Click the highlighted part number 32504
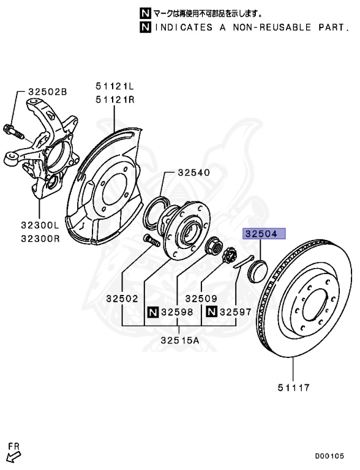coord(262,234)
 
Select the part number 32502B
coord(47,91)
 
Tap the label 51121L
coord(113,86)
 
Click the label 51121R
coord(113,99)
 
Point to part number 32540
coord(193,173)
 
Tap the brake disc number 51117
coord(292,387)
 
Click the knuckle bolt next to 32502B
coord(14,130)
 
